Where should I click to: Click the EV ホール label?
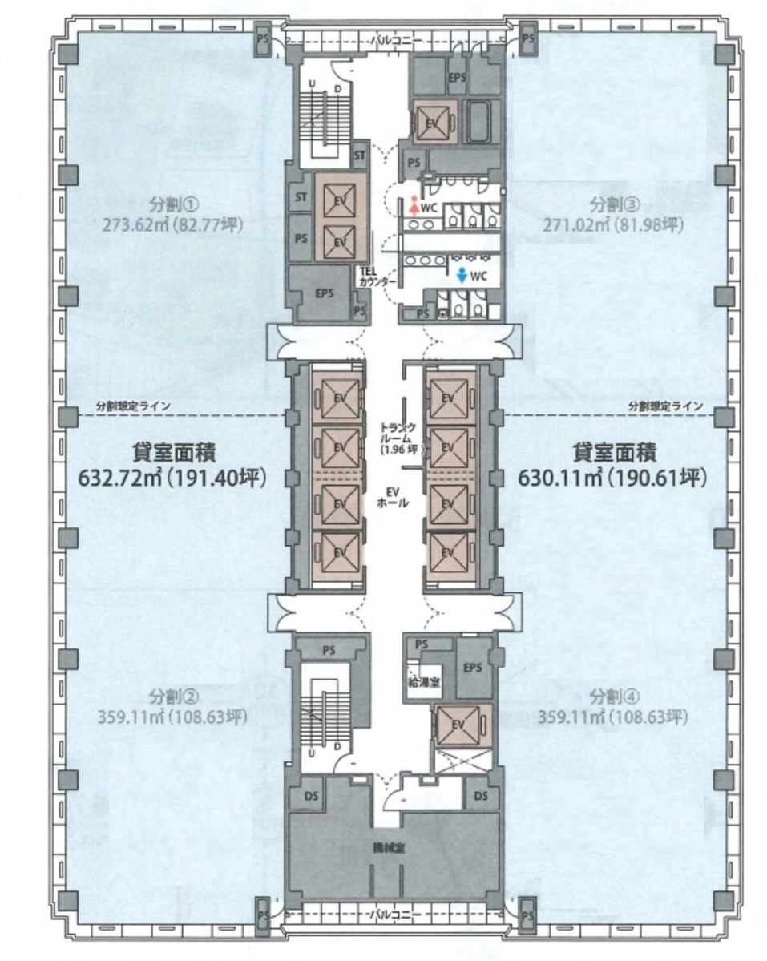394,498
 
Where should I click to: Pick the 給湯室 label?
422,682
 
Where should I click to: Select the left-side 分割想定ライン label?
132,406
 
